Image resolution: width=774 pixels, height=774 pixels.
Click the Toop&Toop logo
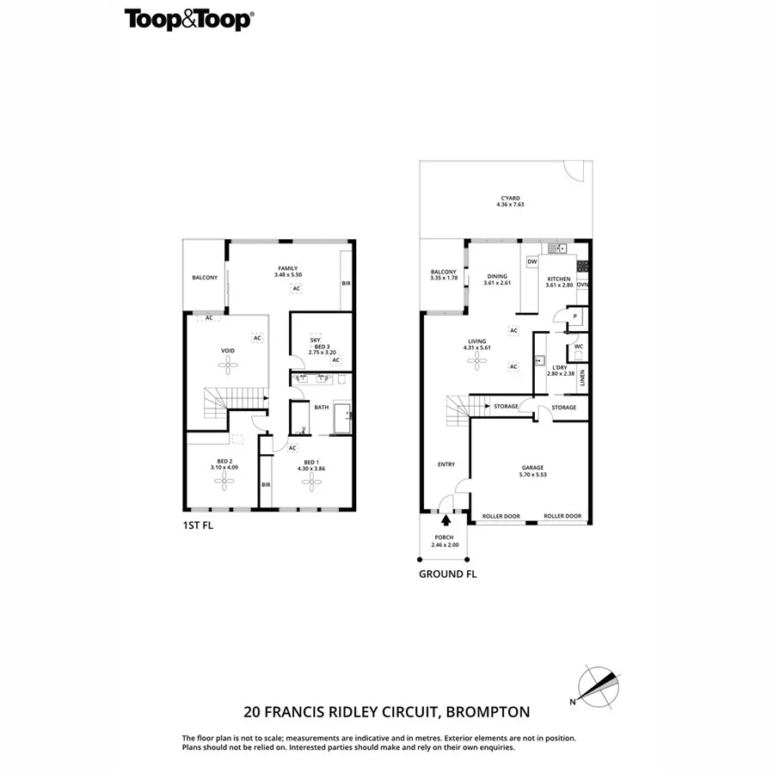click(188, 20)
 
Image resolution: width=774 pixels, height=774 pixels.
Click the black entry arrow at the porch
click(445, 518)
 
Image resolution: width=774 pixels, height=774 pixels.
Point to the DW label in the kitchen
click(531, 261)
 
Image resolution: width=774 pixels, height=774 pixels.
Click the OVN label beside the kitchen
click(582, 285)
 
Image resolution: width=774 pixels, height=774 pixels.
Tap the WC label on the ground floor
click(579, 347)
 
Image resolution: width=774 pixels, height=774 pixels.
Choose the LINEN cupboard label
click(582, 378)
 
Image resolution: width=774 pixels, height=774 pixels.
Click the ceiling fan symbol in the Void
click(228, 365)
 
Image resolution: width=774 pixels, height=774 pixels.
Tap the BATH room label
click(322, 408)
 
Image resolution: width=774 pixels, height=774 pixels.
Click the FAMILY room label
click(287, 268)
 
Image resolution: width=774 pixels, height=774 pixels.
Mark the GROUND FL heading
click(447, 574)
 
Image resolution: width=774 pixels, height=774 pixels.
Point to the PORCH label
click(445, 537)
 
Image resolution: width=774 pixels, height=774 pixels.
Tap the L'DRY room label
click(560, 367)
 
